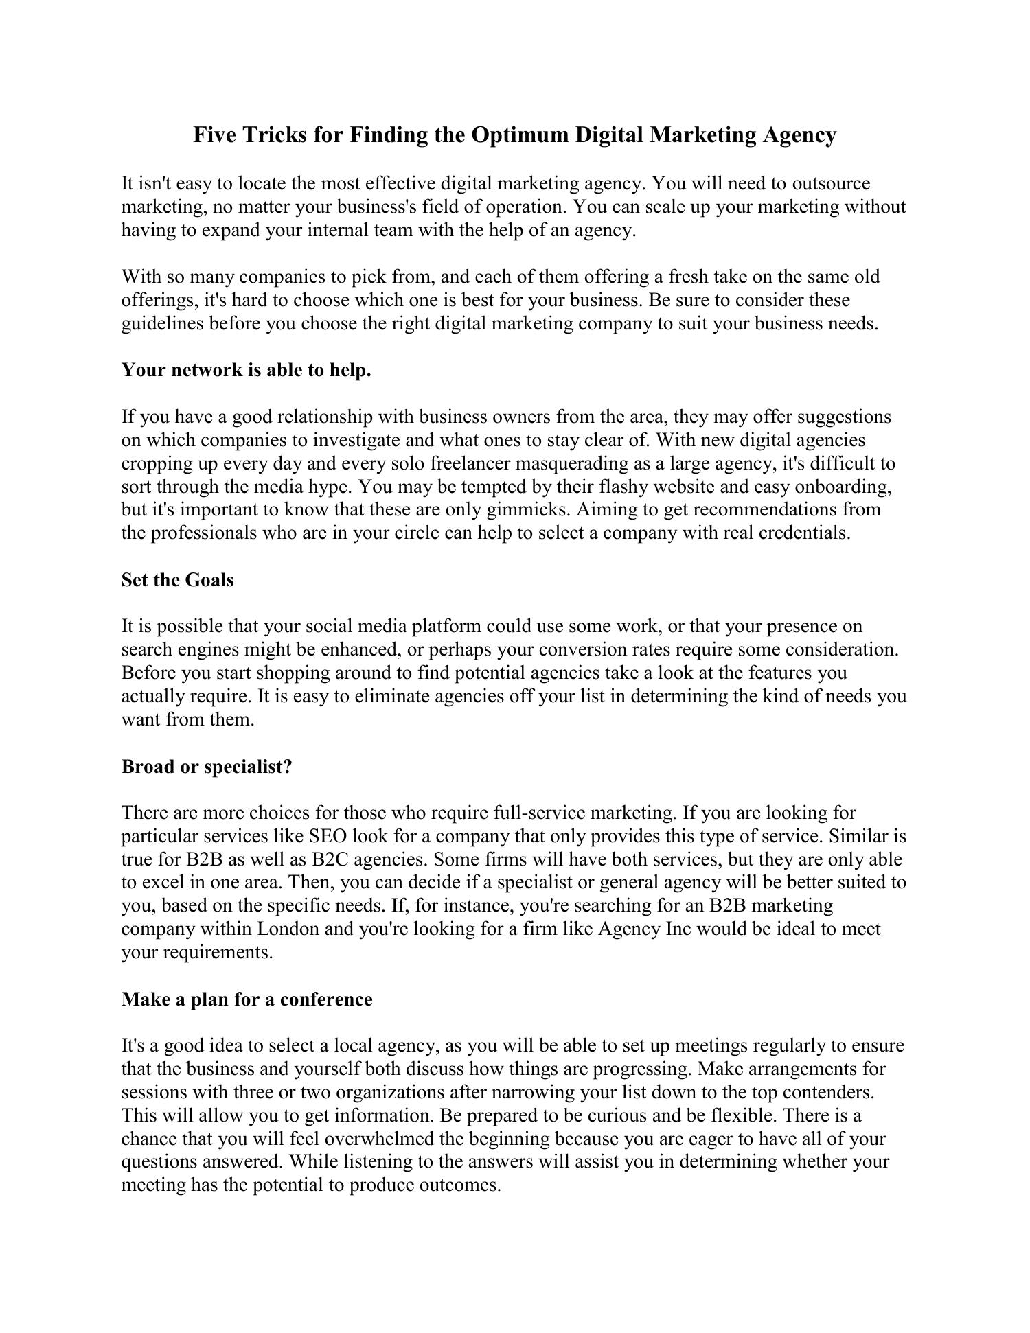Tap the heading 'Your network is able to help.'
click(x=246, y=370)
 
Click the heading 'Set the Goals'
click(x=177, y=580)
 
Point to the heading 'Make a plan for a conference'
click(x=247, y=999)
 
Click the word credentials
click(x=804, y=533)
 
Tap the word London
click(x=288, y=929)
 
